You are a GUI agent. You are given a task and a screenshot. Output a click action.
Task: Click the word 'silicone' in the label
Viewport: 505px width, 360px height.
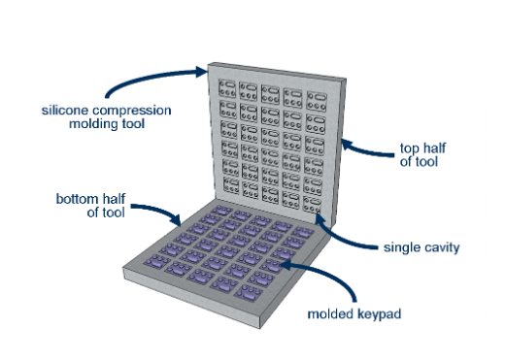point(65,111)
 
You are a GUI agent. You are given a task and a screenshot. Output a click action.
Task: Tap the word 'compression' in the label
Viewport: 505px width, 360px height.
point(131,111)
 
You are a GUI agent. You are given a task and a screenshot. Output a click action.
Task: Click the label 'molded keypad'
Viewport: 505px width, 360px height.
point(354,314)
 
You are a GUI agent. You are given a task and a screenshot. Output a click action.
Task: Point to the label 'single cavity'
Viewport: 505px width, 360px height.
point(421,247)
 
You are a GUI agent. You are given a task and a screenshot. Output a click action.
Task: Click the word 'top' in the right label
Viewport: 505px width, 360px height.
point(410,148)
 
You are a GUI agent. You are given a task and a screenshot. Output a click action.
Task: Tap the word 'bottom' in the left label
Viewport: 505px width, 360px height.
point(78,199)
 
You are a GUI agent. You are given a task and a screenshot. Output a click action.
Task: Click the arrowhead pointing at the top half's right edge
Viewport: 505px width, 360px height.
point(347,145)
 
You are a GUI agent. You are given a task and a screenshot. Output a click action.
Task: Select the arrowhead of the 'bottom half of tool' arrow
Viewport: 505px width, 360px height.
point(177,220)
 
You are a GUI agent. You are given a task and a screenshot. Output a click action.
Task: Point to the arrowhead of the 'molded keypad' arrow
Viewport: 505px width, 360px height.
point(286,265)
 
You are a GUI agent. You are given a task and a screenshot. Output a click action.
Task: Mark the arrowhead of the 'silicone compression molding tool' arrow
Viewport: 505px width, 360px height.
point(201,72)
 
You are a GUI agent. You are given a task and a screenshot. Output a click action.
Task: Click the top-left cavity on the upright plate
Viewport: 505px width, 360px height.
point(227,88)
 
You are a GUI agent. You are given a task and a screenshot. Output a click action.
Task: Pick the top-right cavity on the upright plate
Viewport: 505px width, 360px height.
point(317,101)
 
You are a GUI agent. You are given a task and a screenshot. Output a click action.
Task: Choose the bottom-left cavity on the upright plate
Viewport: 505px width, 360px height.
point(231,185)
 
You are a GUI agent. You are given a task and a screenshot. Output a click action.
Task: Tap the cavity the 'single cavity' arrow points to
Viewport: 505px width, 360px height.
point(312,205)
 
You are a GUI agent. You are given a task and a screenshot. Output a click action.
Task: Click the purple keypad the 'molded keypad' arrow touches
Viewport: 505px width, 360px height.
point(271,266)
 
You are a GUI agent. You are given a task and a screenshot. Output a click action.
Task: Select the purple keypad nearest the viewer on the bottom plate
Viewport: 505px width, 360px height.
point(249,292)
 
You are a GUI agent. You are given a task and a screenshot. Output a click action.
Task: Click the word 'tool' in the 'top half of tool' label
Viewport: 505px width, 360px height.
point(426,162)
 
